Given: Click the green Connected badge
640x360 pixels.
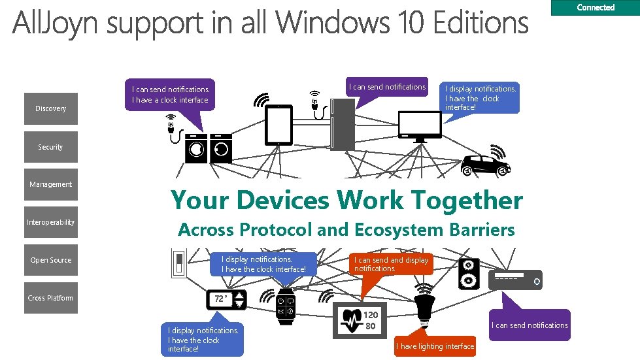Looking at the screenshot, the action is click(x=596, y=8).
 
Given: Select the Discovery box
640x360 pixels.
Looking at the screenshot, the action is click(x=51, y=108).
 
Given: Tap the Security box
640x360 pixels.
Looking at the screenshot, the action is click(x=51, y=147).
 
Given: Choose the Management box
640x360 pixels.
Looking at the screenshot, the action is click(x=51, y=184).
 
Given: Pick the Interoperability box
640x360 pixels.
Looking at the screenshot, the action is click(x=51, y=222).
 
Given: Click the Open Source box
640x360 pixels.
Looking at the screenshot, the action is click(x=51, y=260).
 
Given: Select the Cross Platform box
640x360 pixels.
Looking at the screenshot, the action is click(x=51, y=298).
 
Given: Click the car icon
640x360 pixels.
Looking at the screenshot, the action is click(x=485, y=166).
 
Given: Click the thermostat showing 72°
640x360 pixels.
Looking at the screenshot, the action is click(x=227, y=300).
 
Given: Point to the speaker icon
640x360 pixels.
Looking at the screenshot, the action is click(x=469, y=273).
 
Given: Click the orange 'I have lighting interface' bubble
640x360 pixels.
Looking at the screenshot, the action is click(x=435, y=346).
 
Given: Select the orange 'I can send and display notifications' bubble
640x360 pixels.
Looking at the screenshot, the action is click(x=391, y=264).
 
